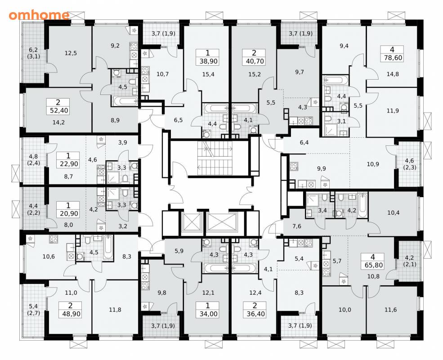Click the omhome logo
click(x=39, y=15)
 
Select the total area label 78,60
click(x=392, y=58)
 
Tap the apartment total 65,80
click(x=373, y=265)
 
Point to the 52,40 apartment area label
click(x=59, y=110)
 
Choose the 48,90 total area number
click(x=70, y=314)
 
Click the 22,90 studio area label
click(x=69, y=164)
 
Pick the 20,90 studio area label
click(x=69, y=214)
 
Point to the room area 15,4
click(x=208, y=74)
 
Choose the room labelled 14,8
click(x=393, y=74)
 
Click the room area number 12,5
click(x=71, y=53)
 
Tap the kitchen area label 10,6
click(x=49, y=256)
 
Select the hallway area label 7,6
click(x=297, y=226)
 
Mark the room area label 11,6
click(x=391, y=310)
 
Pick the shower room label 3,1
click(x=341, y=121)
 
